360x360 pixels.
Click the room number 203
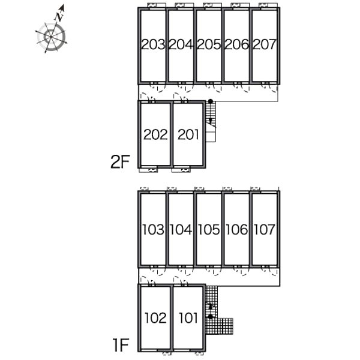[x=153, y=44]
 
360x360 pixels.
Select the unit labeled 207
[x=265, y=44]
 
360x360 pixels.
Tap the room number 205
[x=209, y=44]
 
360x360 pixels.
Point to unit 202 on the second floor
[x=155, y=134]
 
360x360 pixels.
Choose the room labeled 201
[x=188, y=134]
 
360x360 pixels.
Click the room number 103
[x=153, y=230]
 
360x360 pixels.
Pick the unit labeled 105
[x=209, y=230]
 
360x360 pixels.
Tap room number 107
[x=265, y=230]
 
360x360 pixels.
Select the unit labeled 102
[x=155, y=318]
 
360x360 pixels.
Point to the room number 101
[x=188, y=318]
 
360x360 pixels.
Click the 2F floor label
[x=120, y=162]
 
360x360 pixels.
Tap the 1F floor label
[x=121, y=345]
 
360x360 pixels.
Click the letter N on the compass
[x=59, y=17]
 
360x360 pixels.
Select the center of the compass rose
[x=51, y=37]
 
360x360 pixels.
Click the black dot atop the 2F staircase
[x=211, y=101]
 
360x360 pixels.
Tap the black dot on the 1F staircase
[x=211, y=317]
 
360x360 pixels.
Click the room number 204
[x=181, y=44]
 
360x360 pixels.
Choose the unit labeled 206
[x=237, y=44]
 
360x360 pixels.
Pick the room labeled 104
[x=181, y=230]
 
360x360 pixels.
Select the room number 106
[x=237, y=230]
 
